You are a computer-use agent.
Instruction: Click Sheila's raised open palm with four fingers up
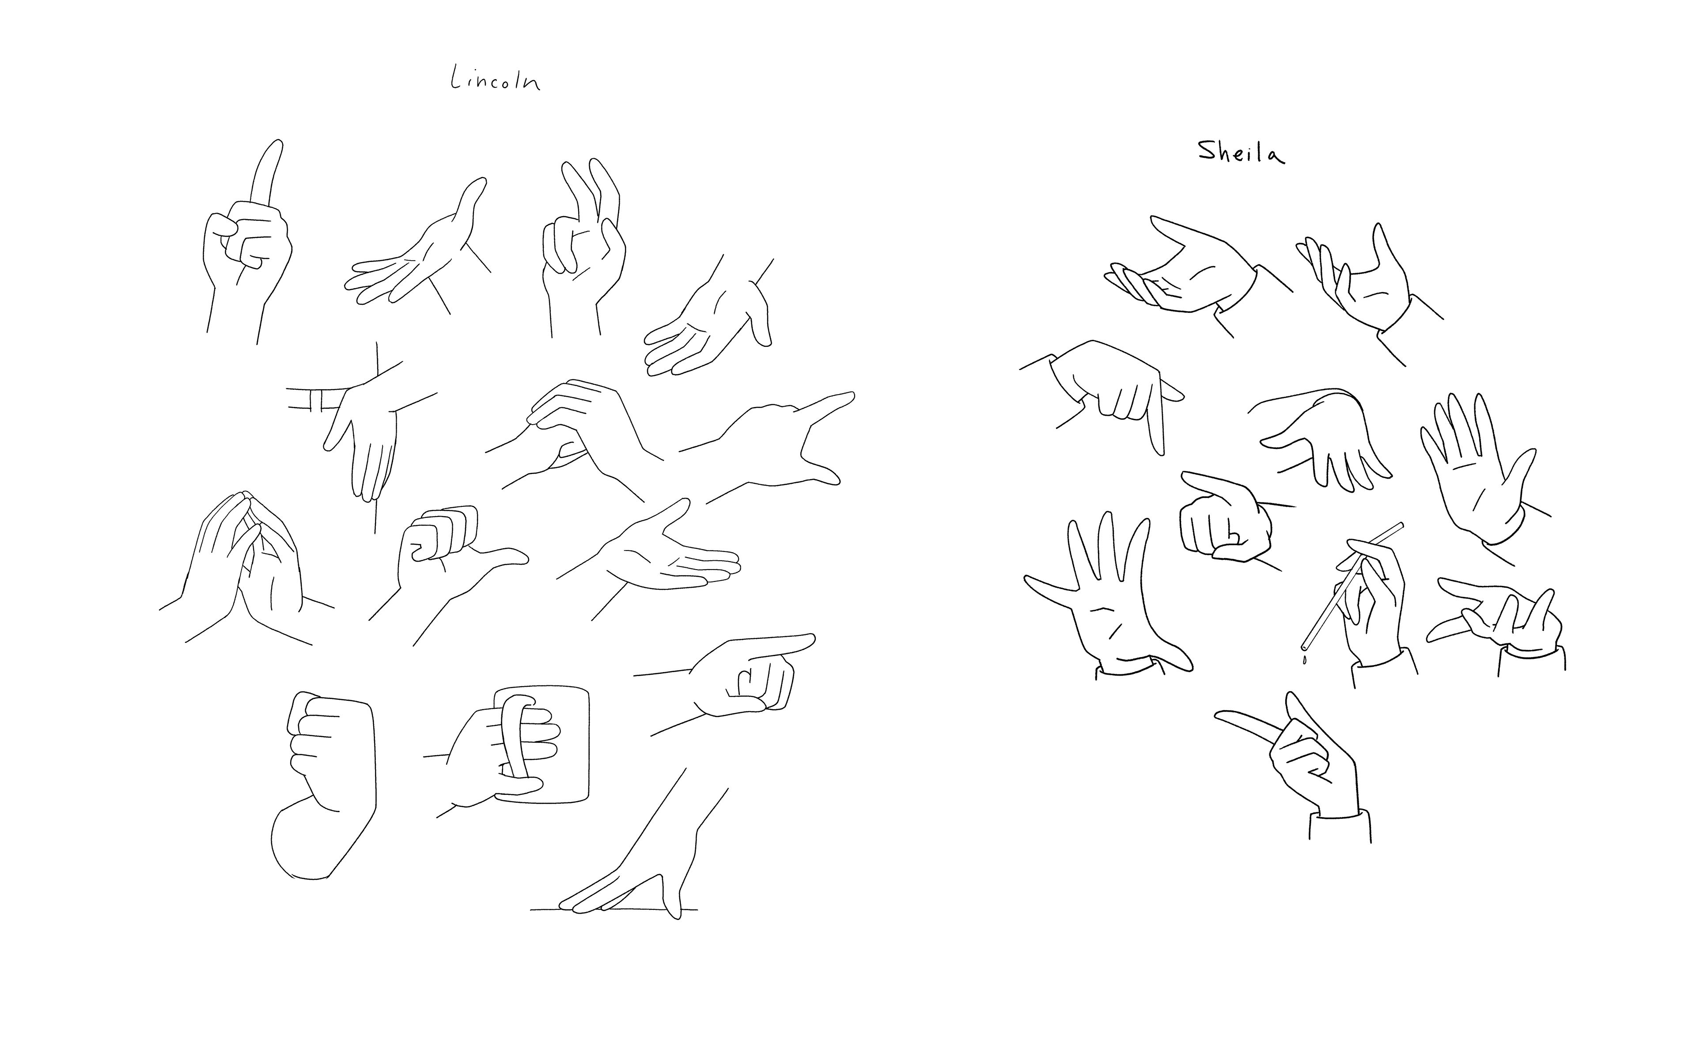pyautogui.click(x=1477, y=472)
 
